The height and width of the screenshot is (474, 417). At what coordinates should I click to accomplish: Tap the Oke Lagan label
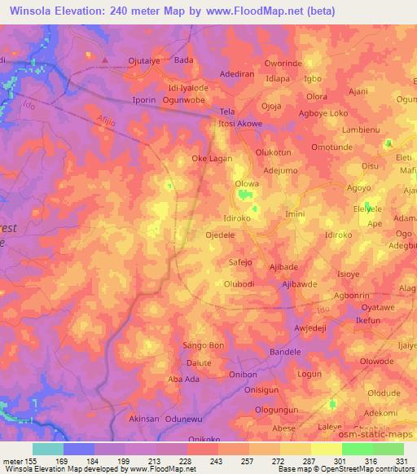click(212, 159)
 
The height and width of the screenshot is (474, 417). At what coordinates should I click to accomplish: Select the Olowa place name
click(247, 184)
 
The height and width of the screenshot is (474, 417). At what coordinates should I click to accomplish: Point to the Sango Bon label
click(204, 345)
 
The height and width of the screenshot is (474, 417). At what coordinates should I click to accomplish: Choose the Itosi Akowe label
click(244, 125)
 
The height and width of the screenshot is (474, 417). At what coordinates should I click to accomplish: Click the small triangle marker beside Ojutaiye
click(105, 59)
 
